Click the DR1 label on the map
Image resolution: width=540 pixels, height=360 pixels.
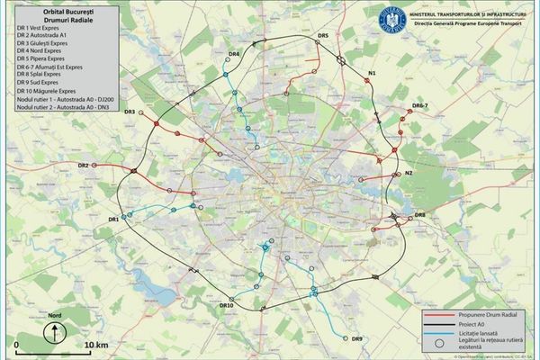coord(114,220)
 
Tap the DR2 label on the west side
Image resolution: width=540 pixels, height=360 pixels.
coord(83,166)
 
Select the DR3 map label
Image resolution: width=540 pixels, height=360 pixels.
coord(130,112)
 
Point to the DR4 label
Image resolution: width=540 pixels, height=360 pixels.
coord(234,56)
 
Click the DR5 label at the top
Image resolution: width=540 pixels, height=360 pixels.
coord(323,34)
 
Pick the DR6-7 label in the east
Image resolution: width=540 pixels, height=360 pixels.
coord(420,106)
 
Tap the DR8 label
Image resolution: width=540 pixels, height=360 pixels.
coord(419,214)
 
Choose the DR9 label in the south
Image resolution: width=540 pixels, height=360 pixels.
coord(356,338)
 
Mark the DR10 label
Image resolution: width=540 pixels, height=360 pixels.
coord(227,306)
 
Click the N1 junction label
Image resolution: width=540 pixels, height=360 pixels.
coord(373,71)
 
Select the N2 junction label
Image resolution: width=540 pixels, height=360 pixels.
coord(408,173)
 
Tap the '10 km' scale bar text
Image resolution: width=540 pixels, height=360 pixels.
coord(96,345)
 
